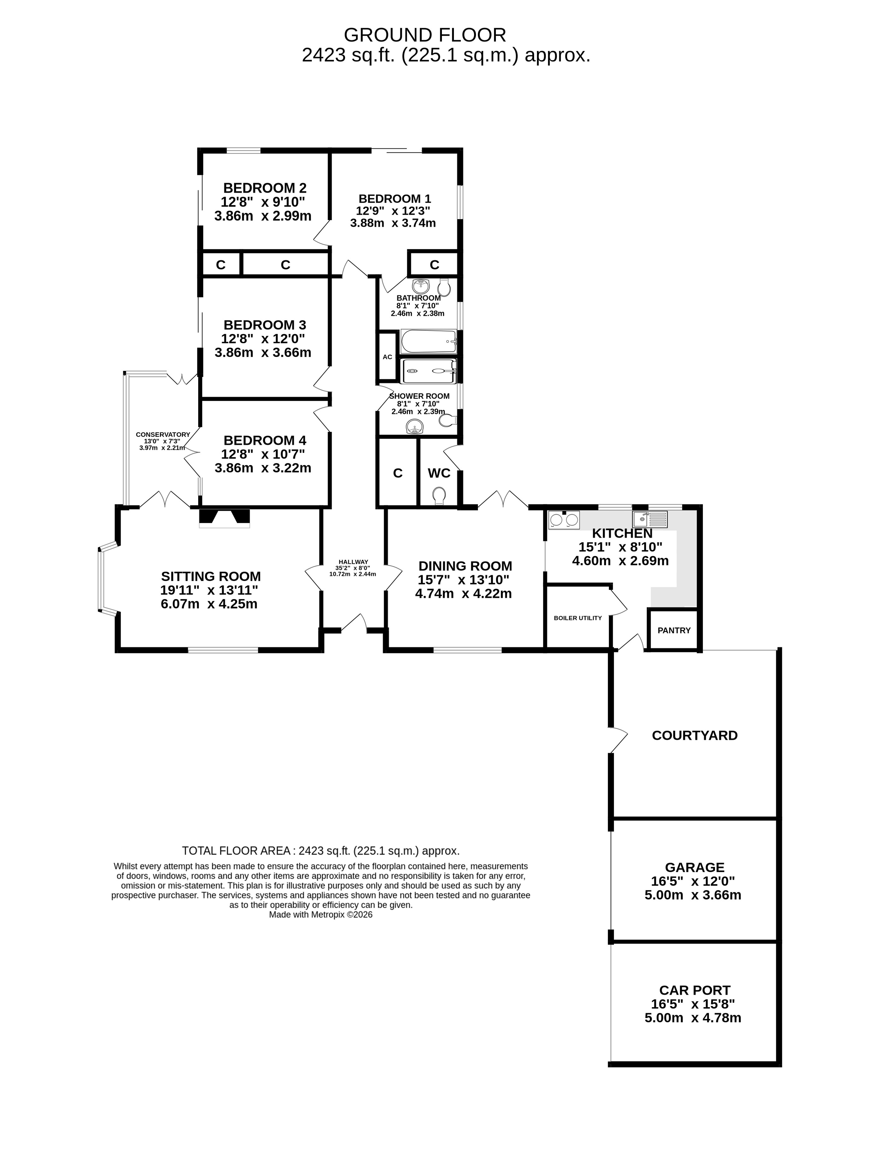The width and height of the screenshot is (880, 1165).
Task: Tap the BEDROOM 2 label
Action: [x=265, y=188]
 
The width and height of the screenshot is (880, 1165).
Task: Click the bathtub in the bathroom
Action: [x=428, y=342]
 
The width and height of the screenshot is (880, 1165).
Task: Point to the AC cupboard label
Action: [x=387, y=357]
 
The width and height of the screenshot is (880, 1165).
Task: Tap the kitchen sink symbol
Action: [x=650, y=519]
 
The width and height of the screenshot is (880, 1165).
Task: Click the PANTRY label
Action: [x=674, y=630]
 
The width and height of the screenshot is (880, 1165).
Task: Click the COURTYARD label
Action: [x=695, y=735]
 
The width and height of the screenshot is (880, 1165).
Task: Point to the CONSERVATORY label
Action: [x=163, y=435]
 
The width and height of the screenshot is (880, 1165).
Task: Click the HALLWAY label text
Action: [x=354, y=562]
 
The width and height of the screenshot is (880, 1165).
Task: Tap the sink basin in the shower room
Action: [x=415, y=427]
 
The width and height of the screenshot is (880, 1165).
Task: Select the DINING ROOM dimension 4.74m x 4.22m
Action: [x=463, y=594]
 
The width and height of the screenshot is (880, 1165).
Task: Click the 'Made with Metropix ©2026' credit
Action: [x=321, y=915]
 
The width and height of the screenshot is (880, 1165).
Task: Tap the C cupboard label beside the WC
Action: [x=398, y=473]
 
